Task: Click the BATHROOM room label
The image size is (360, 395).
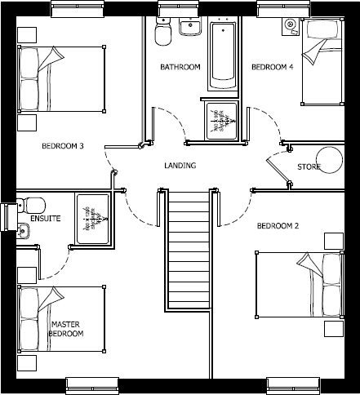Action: (x=180, y=67)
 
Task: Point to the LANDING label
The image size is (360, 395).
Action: (x=180, y=166)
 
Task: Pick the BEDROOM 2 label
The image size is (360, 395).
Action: (x=278, y=225)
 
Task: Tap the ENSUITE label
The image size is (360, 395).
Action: (x=47, y=220)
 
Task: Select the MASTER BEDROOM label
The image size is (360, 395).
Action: (x=66, y=329)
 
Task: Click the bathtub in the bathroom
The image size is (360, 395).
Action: (x=224, y=55)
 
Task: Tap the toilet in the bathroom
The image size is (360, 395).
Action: (x=162, y=32)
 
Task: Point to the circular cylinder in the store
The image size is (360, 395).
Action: (x=331, y=159)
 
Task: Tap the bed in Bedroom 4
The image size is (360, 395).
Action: (x=322, y=64)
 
